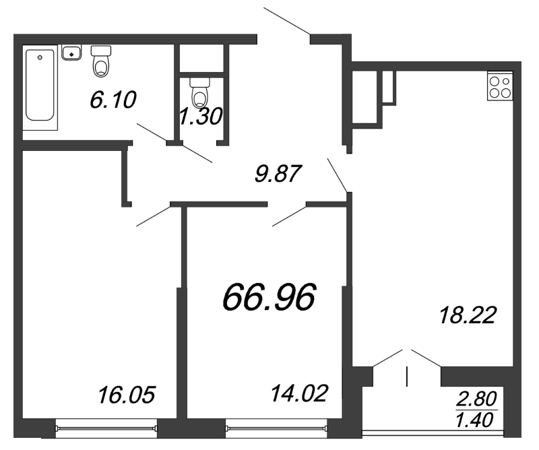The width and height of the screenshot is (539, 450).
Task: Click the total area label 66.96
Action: point(269,296)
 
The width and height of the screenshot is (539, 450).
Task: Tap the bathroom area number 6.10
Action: point(113,100)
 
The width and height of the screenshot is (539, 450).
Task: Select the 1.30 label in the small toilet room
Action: point(200,117)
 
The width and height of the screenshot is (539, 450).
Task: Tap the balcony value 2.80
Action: point(476,396)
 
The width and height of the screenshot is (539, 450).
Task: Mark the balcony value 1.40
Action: point(476,421)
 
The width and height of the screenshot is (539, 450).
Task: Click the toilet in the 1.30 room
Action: point(201,92)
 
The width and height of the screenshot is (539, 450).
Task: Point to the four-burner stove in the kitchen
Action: point(501,87)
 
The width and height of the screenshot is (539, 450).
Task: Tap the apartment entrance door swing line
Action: point(286,20)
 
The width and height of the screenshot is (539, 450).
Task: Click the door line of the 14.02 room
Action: point(289,214)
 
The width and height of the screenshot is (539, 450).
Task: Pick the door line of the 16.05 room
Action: point(153,215)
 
